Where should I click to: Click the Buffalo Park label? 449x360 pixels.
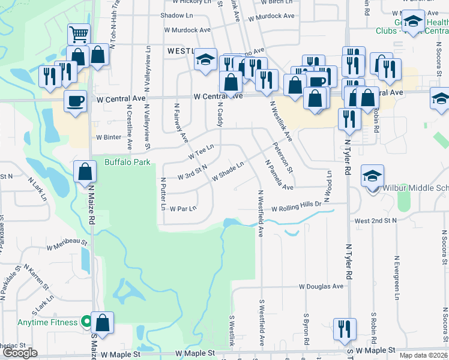[127, 162]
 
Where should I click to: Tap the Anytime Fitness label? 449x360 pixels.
[47, 322]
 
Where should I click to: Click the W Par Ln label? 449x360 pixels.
[183, 209]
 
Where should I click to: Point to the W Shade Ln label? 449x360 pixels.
[228, 172]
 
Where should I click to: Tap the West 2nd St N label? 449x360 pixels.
[376, 221]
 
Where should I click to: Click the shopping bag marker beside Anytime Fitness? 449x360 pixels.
[103, 322]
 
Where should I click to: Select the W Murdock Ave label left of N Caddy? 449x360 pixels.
[187, 29]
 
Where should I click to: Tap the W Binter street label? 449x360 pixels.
[109, 137]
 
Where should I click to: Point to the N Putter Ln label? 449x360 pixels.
[163, 194]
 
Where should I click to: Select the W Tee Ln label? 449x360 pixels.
[201, 151]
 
